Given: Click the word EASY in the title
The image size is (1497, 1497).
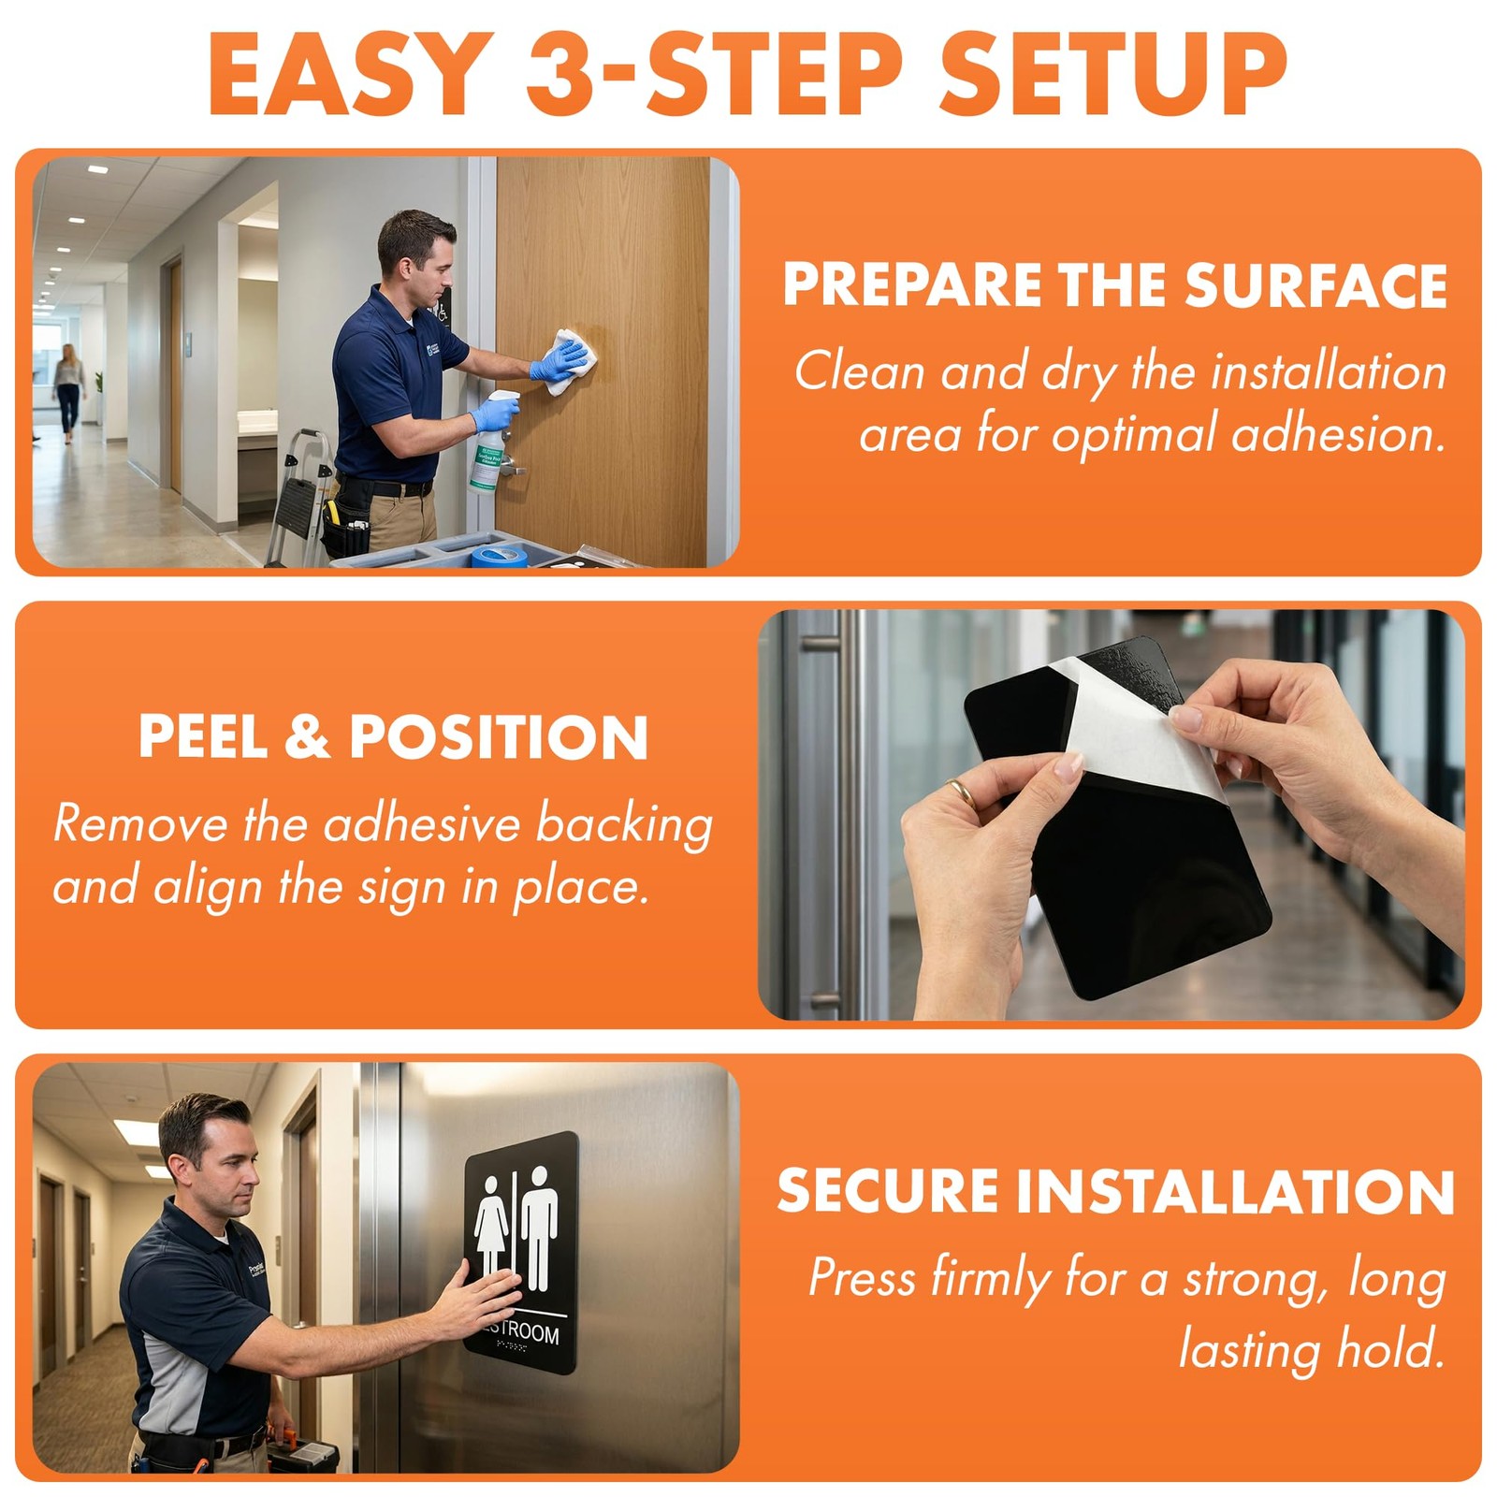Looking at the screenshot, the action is click(352, 74).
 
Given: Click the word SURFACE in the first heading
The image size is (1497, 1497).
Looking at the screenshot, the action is click(1315, 285).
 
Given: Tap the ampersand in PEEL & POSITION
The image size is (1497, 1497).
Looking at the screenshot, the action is click(308, 737).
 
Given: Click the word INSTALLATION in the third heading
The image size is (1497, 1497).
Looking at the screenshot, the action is click(1235, 1192).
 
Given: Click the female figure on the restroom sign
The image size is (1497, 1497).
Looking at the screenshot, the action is click(491, 1225).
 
